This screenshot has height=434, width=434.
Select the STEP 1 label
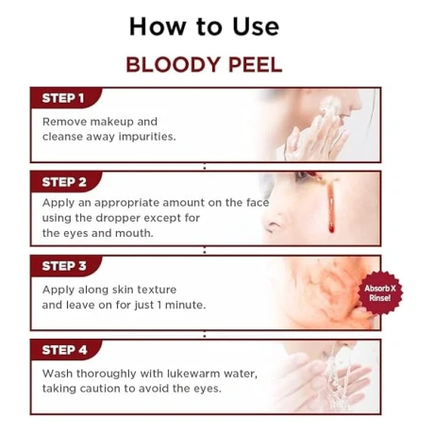[64, 98]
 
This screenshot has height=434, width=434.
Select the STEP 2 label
[64, 182]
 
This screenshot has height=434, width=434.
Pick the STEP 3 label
[64, 267]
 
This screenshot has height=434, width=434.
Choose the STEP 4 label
[64, 350]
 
